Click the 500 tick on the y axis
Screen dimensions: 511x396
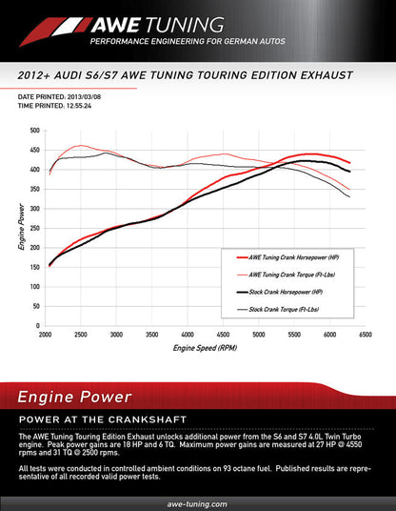(x=34, y=131)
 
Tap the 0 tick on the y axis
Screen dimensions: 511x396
(x=37, y=326)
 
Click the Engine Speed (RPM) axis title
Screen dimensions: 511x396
(x=205, y=349)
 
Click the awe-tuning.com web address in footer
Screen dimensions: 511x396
(x=197, y=502)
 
